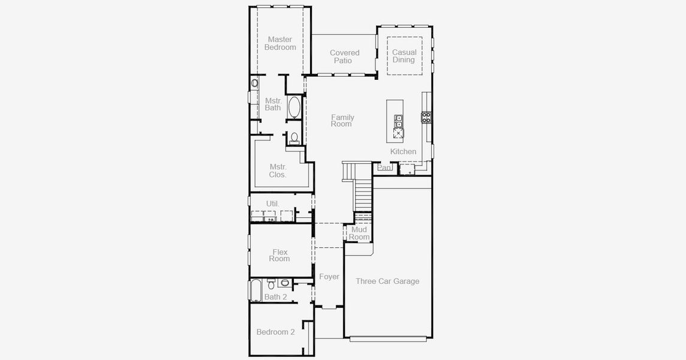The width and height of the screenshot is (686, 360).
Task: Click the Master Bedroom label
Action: tap(279, 43)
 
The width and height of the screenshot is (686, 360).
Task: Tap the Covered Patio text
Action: tap(344, 57)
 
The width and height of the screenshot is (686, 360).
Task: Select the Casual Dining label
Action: tap(404, 56)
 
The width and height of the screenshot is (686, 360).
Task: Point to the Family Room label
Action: tap(342, 121)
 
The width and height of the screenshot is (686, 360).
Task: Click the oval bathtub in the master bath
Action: tap(294, 108)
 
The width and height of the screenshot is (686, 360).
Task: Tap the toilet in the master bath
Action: tap(294, 138)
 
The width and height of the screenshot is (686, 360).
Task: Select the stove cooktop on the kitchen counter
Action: tap(426, 117)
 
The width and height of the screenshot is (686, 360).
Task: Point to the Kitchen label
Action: tap(403, 152)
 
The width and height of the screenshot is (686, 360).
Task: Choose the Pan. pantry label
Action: tap(384, 168)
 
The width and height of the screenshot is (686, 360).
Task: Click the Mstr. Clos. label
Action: tap(278, 171)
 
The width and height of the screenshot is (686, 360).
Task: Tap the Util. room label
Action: tap(273, 204)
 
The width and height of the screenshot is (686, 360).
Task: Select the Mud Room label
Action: tap(359, 233)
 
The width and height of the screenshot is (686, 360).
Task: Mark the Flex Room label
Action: tap(279, 256)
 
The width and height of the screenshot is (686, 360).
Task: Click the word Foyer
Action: tap(329, 277)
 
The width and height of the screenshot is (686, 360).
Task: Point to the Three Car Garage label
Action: tap(387, 281)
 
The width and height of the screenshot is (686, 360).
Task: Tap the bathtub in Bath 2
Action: tap(255, 290)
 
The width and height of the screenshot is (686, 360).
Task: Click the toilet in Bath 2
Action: tap(284, 283)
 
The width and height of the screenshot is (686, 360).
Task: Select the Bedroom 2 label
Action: tap(275, 332)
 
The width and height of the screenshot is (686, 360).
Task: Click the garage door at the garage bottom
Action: tap(388, 339)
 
